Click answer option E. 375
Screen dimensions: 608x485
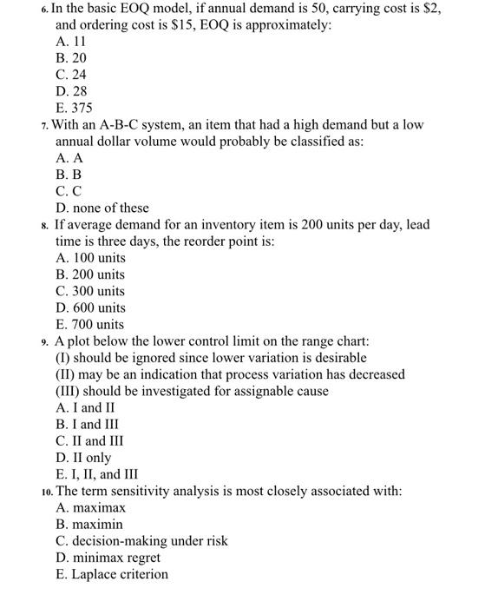pyautogui.click(x=74, y=108)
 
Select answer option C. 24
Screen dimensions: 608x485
pyautogui.click(x=71, y=75)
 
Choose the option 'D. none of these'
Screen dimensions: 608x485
pyautogui.click(x=102, y=208)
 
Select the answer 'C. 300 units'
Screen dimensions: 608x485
pyautogui.click(x=90, y=291)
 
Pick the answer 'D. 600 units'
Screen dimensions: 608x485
pyautogui.click(x=90, y=307)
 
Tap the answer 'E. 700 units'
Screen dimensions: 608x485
pyautogui.click(x=90, y=324)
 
